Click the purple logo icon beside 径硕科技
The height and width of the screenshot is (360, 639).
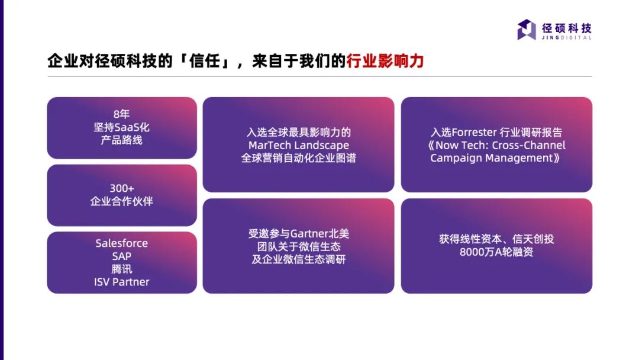tap(527, 30)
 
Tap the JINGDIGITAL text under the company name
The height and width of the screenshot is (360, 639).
tap(566, 37)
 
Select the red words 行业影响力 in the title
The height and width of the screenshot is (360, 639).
tap(385, 61)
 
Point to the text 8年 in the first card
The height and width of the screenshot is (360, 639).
tap(121, 114)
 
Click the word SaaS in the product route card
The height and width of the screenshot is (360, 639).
tap(127, 127)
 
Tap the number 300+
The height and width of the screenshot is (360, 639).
tap(122, 188)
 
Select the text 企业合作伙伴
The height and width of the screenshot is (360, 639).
tap(121, 201)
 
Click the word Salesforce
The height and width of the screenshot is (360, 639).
tap(121, 243)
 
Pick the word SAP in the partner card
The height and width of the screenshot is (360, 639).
tap(121, 256)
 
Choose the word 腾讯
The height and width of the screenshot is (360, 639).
tap(121, 269)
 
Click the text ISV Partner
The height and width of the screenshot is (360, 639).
tap(121, 282)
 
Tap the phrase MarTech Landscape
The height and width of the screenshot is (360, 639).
tap(299, 145)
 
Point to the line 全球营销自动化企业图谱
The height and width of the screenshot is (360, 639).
tap(298, 157)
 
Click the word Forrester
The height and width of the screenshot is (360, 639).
tap(475, 133)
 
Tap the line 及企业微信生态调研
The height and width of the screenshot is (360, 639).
tap(298, 259)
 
